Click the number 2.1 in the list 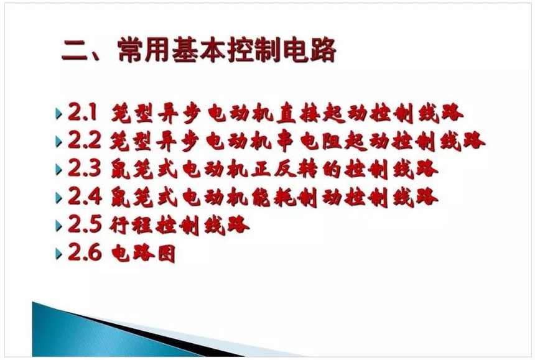coord(83,112)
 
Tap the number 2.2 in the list coord(85,140)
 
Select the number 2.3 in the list coord(85,168)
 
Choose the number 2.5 coord(85,224)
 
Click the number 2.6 coord(85,252)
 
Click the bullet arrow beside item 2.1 coord(58,113)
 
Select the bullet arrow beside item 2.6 coord(58,254)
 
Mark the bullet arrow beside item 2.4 coord(58,197)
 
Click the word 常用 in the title coord(143,50)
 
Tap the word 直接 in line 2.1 coord(299,113)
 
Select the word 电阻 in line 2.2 coord(321,141)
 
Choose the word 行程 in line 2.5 coord(131,224)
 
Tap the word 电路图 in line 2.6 coord(143,253)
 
